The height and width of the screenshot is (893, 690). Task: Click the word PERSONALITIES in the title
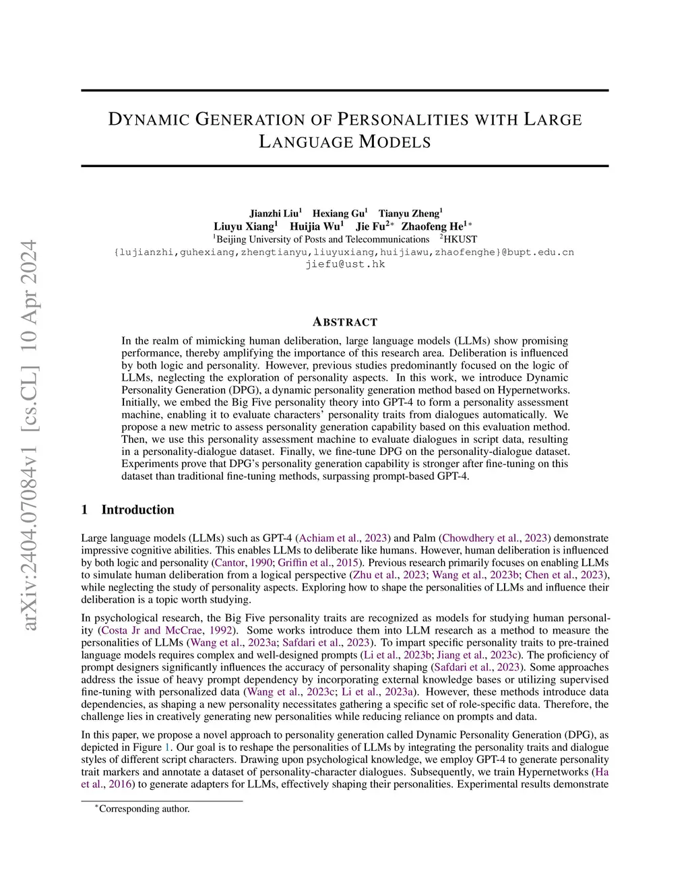coord(402,120)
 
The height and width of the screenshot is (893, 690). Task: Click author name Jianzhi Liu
coord(274,214)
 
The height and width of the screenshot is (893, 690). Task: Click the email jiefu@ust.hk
coord(345,264)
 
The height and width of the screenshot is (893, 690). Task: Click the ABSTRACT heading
coord(345,322)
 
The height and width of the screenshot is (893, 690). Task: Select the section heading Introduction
coord(137,510)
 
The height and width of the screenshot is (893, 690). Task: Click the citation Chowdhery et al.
coord(480,538)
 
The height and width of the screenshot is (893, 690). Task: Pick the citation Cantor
coord(229,563)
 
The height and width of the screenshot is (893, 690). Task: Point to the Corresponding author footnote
coord(144,809)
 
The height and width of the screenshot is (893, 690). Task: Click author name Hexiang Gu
coord(338,214)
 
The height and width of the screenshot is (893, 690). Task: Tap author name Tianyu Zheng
coord(409,214)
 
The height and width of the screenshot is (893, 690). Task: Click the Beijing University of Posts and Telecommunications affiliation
coord(322,239)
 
